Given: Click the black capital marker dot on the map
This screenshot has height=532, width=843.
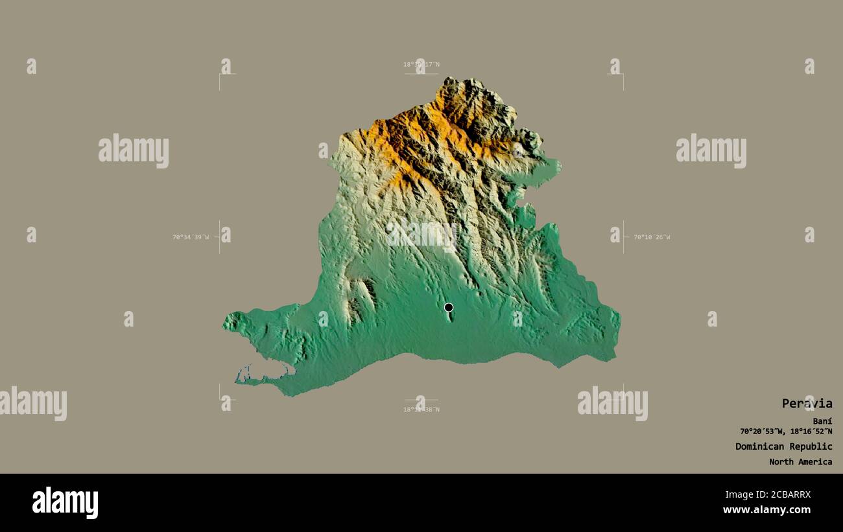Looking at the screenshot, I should pyautogui.click(x=449, y=307).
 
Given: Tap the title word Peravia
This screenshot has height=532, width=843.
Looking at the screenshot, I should pyautogui.click(x=807, y=404).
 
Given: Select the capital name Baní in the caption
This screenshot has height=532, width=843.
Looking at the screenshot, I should pyautogui.click(x=824, y=421).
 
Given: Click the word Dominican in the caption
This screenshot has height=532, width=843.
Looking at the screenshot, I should pyautogui.click(x=759, y=446).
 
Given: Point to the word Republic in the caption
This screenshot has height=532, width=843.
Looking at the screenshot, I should pyautogui.click(x=811, y=446).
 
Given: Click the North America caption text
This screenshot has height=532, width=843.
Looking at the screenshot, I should pyautogui.click(x=800, y=462).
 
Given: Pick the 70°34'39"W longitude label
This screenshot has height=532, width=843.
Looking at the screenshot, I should pyautogui.click(x=191, y=237).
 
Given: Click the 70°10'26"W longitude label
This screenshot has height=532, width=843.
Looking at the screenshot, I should pyautogui.click(x=652, y=237).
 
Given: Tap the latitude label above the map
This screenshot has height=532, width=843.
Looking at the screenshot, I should pyautogui.click(x=421, y=64).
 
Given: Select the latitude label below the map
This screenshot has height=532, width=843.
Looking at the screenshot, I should pyautogui.click(x=421, y=410).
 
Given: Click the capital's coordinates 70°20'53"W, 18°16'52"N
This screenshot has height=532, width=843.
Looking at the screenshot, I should pyautogui.click(x=786, y=432).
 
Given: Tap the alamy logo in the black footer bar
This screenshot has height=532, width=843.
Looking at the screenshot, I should pyautogui.click(x=65, y=502).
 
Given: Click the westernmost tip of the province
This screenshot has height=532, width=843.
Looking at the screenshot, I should pyautogui.click(x=224, y=323).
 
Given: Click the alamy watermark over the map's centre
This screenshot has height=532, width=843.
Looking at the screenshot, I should pyautogui.click(x=421, y=234).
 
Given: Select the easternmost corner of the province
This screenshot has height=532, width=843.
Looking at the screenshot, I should pyautogui.click(x=619, y=318).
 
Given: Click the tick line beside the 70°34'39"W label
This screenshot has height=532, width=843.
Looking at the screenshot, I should pyautogui.click(x=219, y=237).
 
